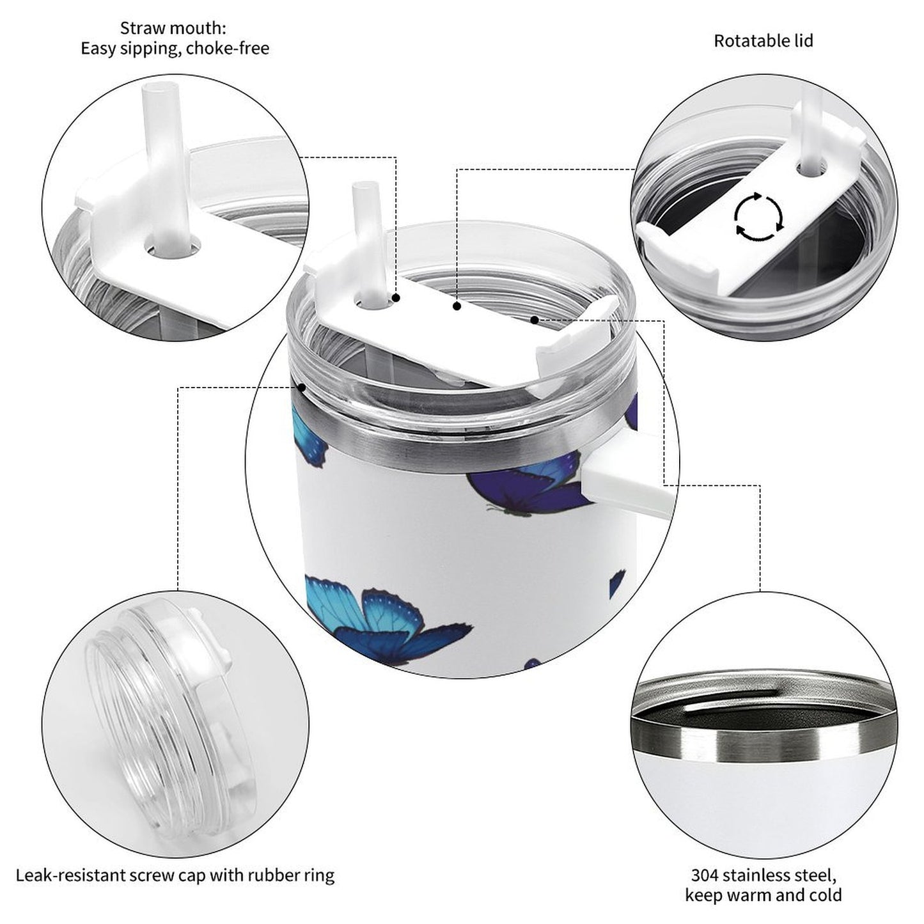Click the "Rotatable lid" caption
tap(763, 41)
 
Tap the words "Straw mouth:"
tap(173, 28)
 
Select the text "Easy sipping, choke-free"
tap(175, 49)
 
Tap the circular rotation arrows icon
tap(759, 215)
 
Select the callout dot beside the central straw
tap(396, 298)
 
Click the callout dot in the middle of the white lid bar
tap(457, 306)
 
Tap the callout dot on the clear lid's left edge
tap(302, 388)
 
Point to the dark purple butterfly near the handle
tap(528, 487)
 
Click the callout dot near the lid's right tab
tap(535, 320)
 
